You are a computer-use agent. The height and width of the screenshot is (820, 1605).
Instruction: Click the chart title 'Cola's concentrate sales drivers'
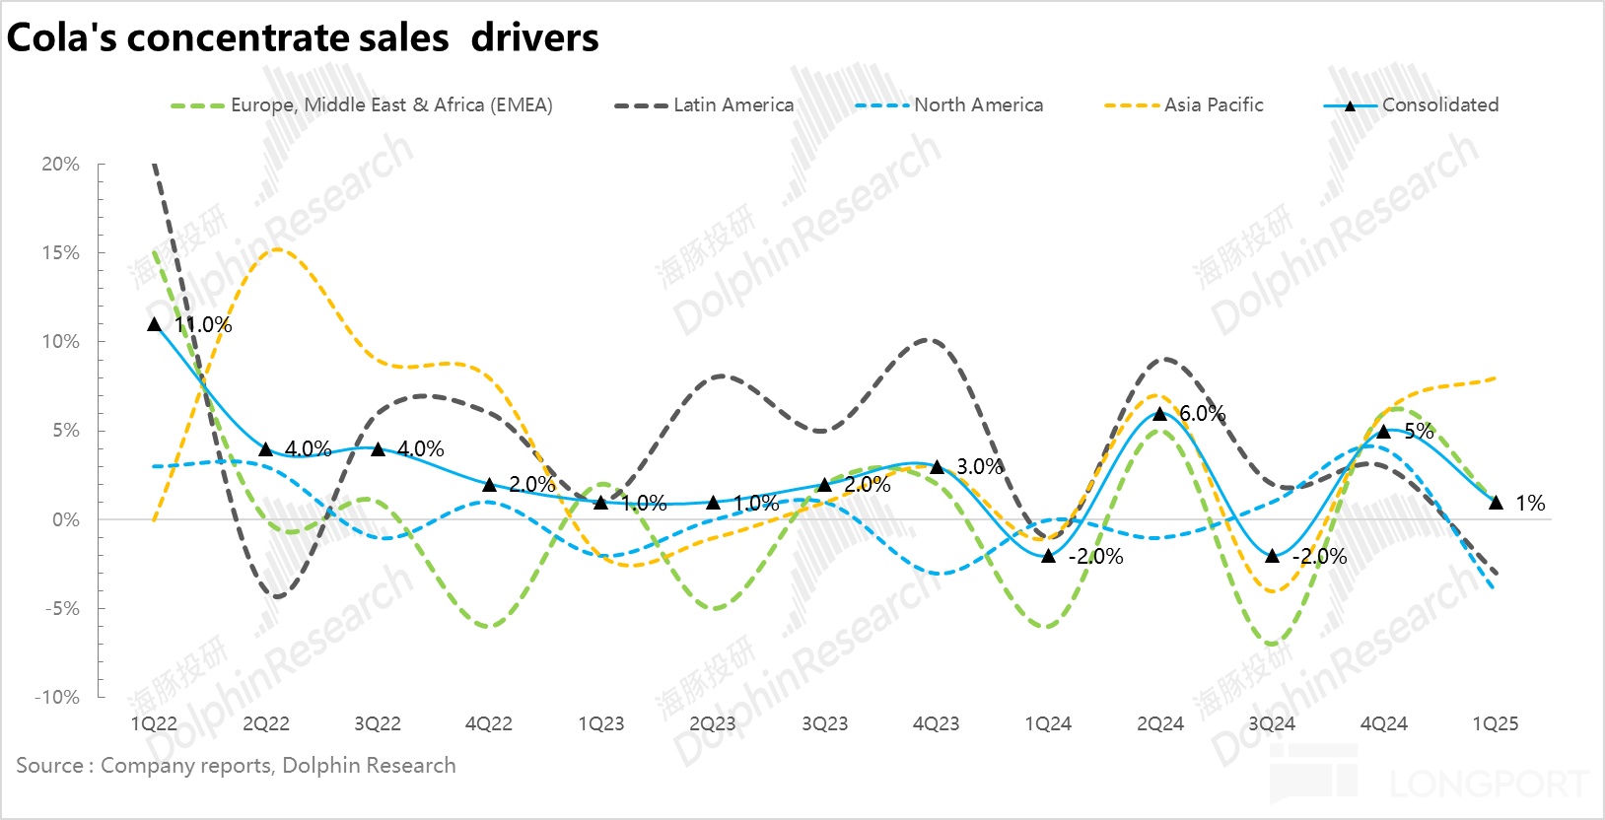tap(303, 37)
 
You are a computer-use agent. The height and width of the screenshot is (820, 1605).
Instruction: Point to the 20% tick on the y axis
tap(60, 165)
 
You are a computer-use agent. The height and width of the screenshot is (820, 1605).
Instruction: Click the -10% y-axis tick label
tap(57, 698)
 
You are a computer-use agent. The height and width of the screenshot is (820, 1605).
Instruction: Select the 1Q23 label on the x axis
tap(600, 724)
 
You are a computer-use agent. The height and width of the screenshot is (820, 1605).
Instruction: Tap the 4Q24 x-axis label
tap(1383, 724)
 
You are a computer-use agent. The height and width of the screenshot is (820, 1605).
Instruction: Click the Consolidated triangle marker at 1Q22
tap(154, 324)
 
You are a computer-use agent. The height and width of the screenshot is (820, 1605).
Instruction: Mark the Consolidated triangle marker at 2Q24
tap(1160, 413)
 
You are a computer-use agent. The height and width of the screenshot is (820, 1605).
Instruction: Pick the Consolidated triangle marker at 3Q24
tap(1272, 556)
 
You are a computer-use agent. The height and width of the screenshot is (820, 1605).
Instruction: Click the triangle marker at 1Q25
tap(1496, 503)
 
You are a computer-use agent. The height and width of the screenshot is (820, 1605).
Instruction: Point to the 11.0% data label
tap(203, 325)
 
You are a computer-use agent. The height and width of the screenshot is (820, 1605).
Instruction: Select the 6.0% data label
tap(1202, 414)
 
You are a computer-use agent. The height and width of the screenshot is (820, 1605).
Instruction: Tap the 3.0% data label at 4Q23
tap(979, 467)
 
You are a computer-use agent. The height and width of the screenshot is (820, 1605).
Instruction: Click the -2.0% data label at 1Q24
tap(1095, 557)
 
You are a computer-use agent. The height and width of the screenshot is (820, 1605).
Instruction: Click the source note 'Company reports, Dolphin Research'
tap(278, 766)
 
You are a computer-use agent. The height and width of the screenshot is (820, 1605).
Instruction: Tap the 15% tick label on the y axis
tap(60, 253)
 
